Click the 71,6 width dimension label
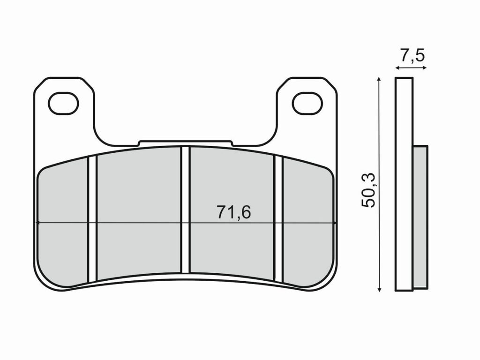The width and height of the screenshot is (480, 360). pyautogui.click(x=233, y=212)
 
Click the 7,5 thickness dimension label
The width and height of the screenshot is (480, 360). pyautogui.click(x=412, y=56)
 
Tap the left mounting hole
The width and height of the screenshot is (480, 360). pyautogui.click(x=63, y=104)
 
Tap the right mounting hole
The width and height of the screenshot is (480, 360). pyautogui.click(x=307, y=104)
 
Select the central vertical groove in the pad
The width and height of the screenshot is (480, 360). pyautogui.click(x=185, y=210)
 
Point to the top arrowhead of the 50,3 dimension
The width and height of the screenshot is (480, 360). pyautogui.click(x=379, y=81)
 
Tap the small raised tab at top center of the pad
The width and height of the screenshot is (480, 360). pyautogui.click(x=185, y=142)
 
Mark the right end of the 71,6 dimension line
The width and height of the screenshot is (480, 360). pyautogui.click(x=336, y=223)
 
